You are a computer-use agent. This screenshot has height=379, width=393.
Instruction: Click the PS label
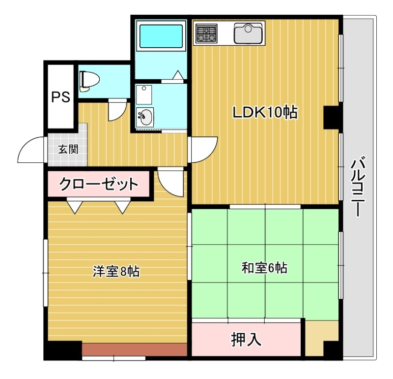[61, 96]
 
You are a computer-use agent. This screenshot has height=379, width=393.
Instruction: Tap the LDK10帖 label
[265, 113]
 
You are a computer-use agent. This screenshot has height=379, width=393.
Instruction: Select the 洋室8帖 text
[116, 271]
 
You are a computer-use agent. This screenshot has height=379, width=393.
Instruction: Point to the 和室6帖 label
[264, 268]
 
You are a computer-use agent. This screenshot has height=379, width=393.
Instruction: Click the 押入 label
[246, 340]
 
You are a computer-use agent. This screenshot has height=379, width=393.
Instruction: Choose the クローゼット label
[98, 185]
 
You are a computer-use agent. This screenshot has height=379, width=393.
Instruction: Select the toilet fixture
[89, 80]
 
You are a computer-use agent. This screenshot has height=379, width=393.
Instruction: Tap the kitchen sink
[249, 33]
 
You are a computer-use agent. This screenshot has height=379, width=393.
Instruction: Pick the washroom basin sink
[145, 117]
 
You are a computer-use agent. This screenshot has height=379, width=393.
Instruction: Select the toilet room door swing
[116, 110]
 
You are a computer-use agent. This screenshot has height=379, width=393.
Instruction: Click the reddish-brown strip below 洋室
[135, 349]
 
